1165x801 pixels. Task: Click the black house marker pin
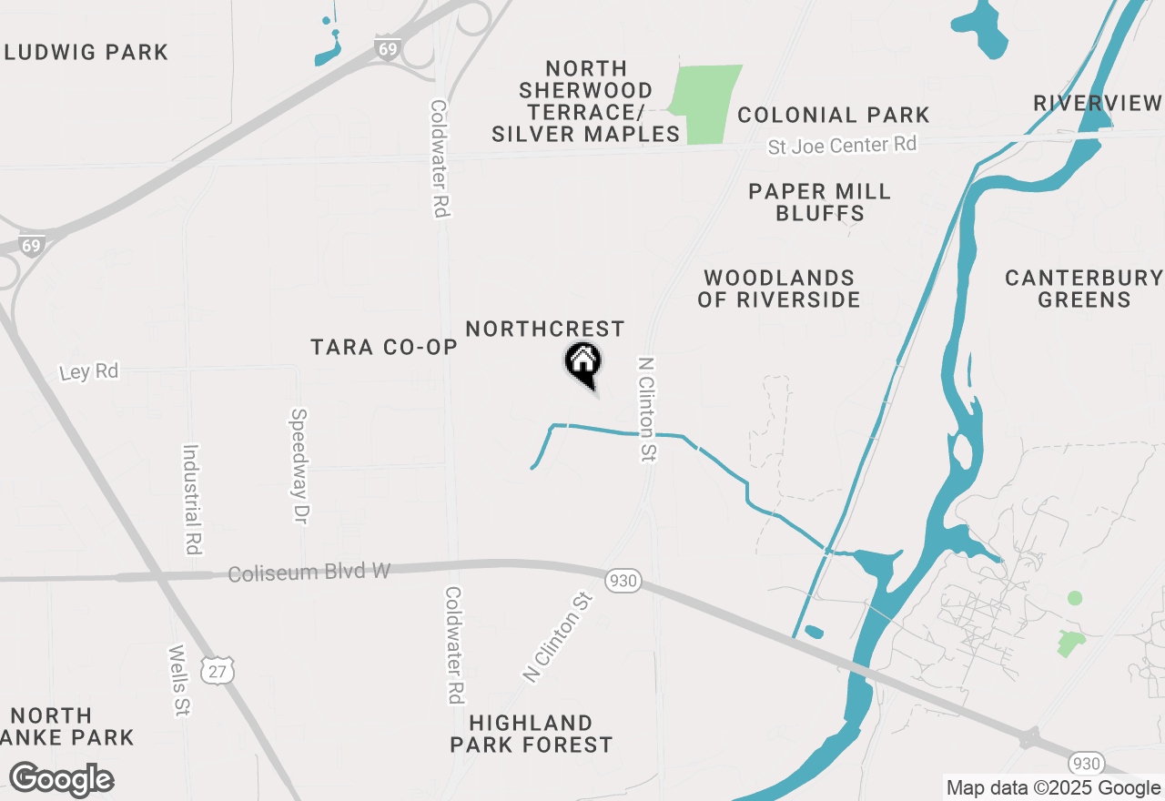coord(583,364)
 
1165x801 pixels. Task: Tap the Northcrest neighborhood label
coord(545,329)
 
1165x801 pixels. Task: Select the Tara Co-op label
coord(383,347)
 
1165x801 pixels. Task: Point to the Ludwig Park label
coord(86,52)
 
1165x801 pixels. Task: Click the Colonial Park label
coord(834,115)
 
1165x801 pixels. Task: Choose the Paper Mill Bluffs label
coord(819,202)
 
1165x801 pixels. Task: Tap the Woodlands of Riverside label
coord(778,289)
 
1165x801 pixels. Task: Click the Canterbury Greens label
coord(1083,289)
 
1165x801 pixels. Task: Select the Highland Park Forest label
coord(532,734)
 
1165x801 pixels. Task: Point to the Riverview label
coord(1098,103)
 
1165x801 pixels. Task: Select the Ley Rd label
coord(89,372)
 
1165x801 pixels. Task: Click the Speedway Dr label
coord(299,465)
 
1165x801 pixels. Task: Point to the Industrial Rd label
coord(192,499)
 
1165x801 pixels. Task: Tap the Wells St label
coord(178,681)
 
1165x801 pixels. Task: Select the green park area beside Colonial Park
coord(706,104)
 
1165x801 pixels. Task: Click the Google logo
coord(61,780)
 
